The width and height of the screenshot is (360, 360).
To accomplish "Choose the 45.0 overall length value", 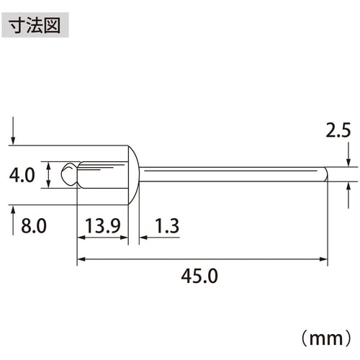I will coord(202,275).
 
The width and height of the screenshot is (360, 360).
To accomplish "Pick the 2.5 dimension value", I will coord(338,131).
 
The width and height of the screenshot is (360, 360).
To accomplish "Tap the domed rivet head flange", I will coord(134,175).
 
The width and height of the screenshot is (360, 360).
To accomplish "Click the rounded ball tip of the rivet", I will coord(69,174).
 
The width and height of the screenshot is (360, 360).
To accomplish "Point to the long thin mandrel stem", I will coord(230,174).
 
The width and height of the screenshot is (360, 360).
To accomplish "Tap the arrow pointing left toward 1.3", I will coord(145,235).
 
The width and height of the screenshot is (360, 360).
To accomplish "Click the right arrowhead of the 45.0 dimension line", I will coord(323,259).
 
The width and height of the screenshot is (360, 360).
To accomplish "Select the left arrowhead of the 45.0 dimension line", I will coord(81,259).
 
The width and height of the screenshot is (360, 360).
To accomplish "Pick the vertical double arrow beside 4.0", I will coord(48,175).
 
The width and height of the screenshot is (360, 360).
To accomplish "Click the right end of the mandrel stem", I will coord(325,174).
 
